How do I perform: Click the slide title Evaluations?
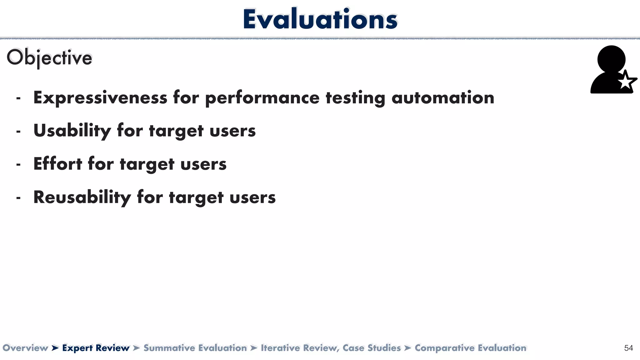320,19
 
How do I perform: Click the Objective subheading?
49,58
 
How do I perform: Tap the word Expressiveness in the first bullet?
100,98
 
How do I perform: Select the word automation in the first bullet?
443,98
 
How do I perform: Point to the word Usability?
72,131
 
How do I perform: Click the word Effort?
57,164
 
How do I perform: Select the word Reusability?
82,197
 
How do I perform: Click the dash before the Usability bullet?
18,132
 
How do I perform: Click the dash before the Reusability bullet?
18,198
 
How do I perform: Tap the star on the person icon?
626,82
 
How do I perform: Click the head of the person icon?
611,59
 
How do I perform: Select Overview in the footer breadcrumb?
25,348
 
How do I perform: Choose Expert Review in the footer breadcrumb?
96,348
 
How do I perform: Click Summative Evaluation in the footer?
195,348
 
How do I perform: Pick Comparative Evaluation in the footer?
470,348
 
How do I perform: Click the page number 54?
628,348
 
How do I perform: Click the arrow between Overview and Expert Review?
55,348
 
